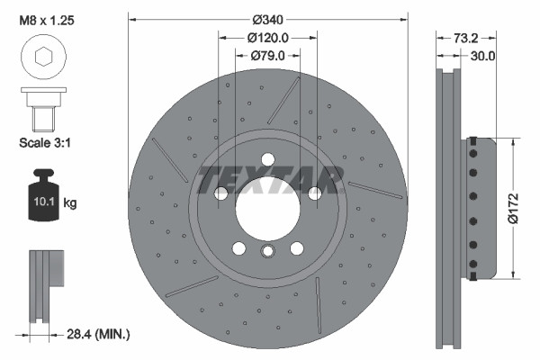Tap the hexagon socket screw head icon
(x=41, y=59)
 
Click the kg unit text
(x=70, y=202)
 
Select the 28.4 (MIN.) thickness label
(x=99, y=334)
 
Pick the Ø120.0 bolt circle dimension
(x=267, y=38)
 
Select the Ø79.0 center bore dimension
(x=267, y=56)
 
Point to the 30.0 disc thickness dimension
(x=483, y=56)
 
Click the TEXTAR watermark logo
(x=269, y=180)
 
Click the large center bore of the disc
(x=268, y=209)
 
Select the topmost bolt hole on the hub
(x=268, y=160)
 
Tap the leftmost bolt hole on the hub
(x=220, y=193)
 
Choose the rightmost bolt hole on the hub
(x=315, y=193)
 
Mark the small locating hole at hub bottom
(x=268, y=253)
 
